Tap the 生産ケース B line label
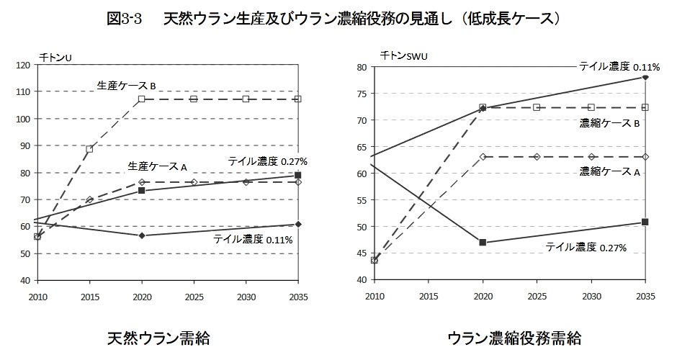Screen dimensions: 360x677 pyautogui.click(x=127, y=86)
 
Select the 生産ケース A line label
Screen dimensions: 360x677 pyautogui.click(x=157, y=166)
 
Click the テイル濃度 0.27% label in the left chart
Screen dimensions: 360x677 pyautogui.click(x=268, y=161)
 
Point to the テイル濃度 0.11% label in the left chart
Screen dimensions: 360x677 pyautogui.click(x=253, y=239)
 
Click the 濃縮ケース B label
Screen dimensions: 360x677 pyautogui.click(x=610, y=123)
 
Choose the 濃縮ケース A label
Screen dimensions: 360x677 pyautogui.click(x=610, y=171)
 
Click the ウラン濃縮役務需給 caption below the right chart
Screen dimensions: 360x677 pyautogui.click(x=514, y=338)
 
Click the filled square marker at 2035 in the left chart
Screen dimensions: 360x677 pyautogui.click(x=298, y=175)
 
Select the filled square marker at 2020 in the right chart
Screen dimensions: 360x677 pyautogui.click(x=483, y=243)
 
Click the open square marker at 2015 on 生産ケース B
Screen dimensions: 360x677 pyautogui.click(x=89, y=149)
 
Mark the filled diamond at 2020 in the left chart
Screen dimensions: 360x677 pyautogui.click(x=142, y=235)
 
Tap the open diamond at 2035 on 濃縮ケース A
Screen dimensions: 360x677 pyautogui.click(x=645, y=156)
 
